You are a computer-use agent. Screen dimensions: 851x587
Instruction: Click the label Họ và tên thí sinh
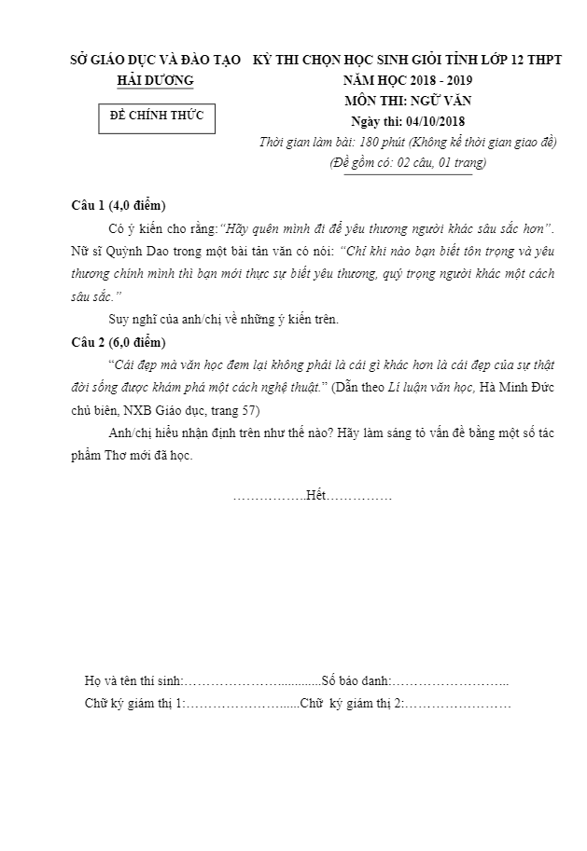coord(133,681)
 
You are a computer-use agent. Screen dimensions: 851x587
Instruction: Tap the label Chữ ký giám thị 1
coord(134,702)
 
